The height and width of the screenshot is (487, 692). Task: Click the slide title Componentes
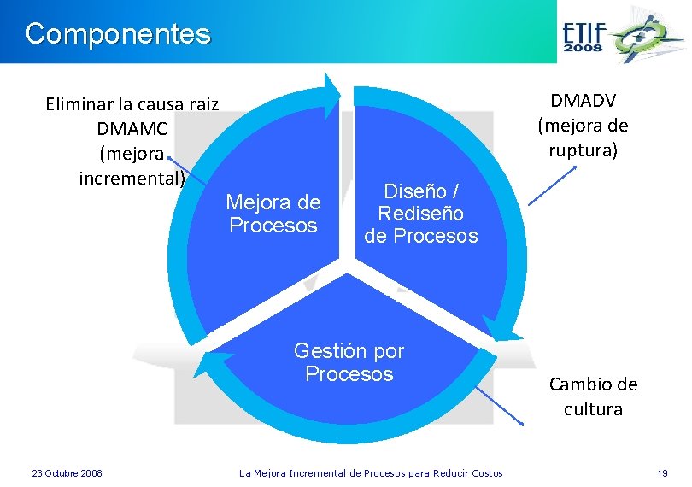[x=118, y=34]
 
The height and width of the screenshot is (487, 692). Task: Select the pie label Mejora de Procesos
[x=273, y=214]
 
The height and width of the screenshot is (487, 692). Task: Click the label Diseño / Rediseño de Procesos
[x=421, y=213]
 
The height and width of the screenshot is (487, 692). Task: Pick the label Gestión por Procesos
[x=349, y=362]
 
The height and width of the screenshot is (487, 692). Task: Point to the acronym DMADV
[x=582, y=100]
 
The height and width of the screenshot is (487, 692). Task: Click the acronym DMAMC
[x=133, y=128]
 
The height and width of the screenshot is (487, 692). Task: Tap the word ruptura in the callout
[x=582, y=150]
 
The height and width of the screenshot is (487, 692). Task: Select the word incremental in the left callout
[x=132, y=179]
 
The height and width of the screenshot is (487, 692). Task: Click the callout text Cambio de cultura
[x=593, y=396]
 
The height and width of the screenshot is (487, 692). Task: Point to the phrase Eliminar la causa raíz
[x=132, y=104]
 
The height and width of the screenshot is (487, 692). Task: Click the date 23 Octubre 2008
[x=67, y=472]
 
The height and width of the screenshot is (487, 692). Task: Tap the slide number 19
[x=661, y=472]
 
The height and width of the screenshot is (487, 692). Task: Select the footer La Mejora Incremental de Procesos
[x=371, y=472]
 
